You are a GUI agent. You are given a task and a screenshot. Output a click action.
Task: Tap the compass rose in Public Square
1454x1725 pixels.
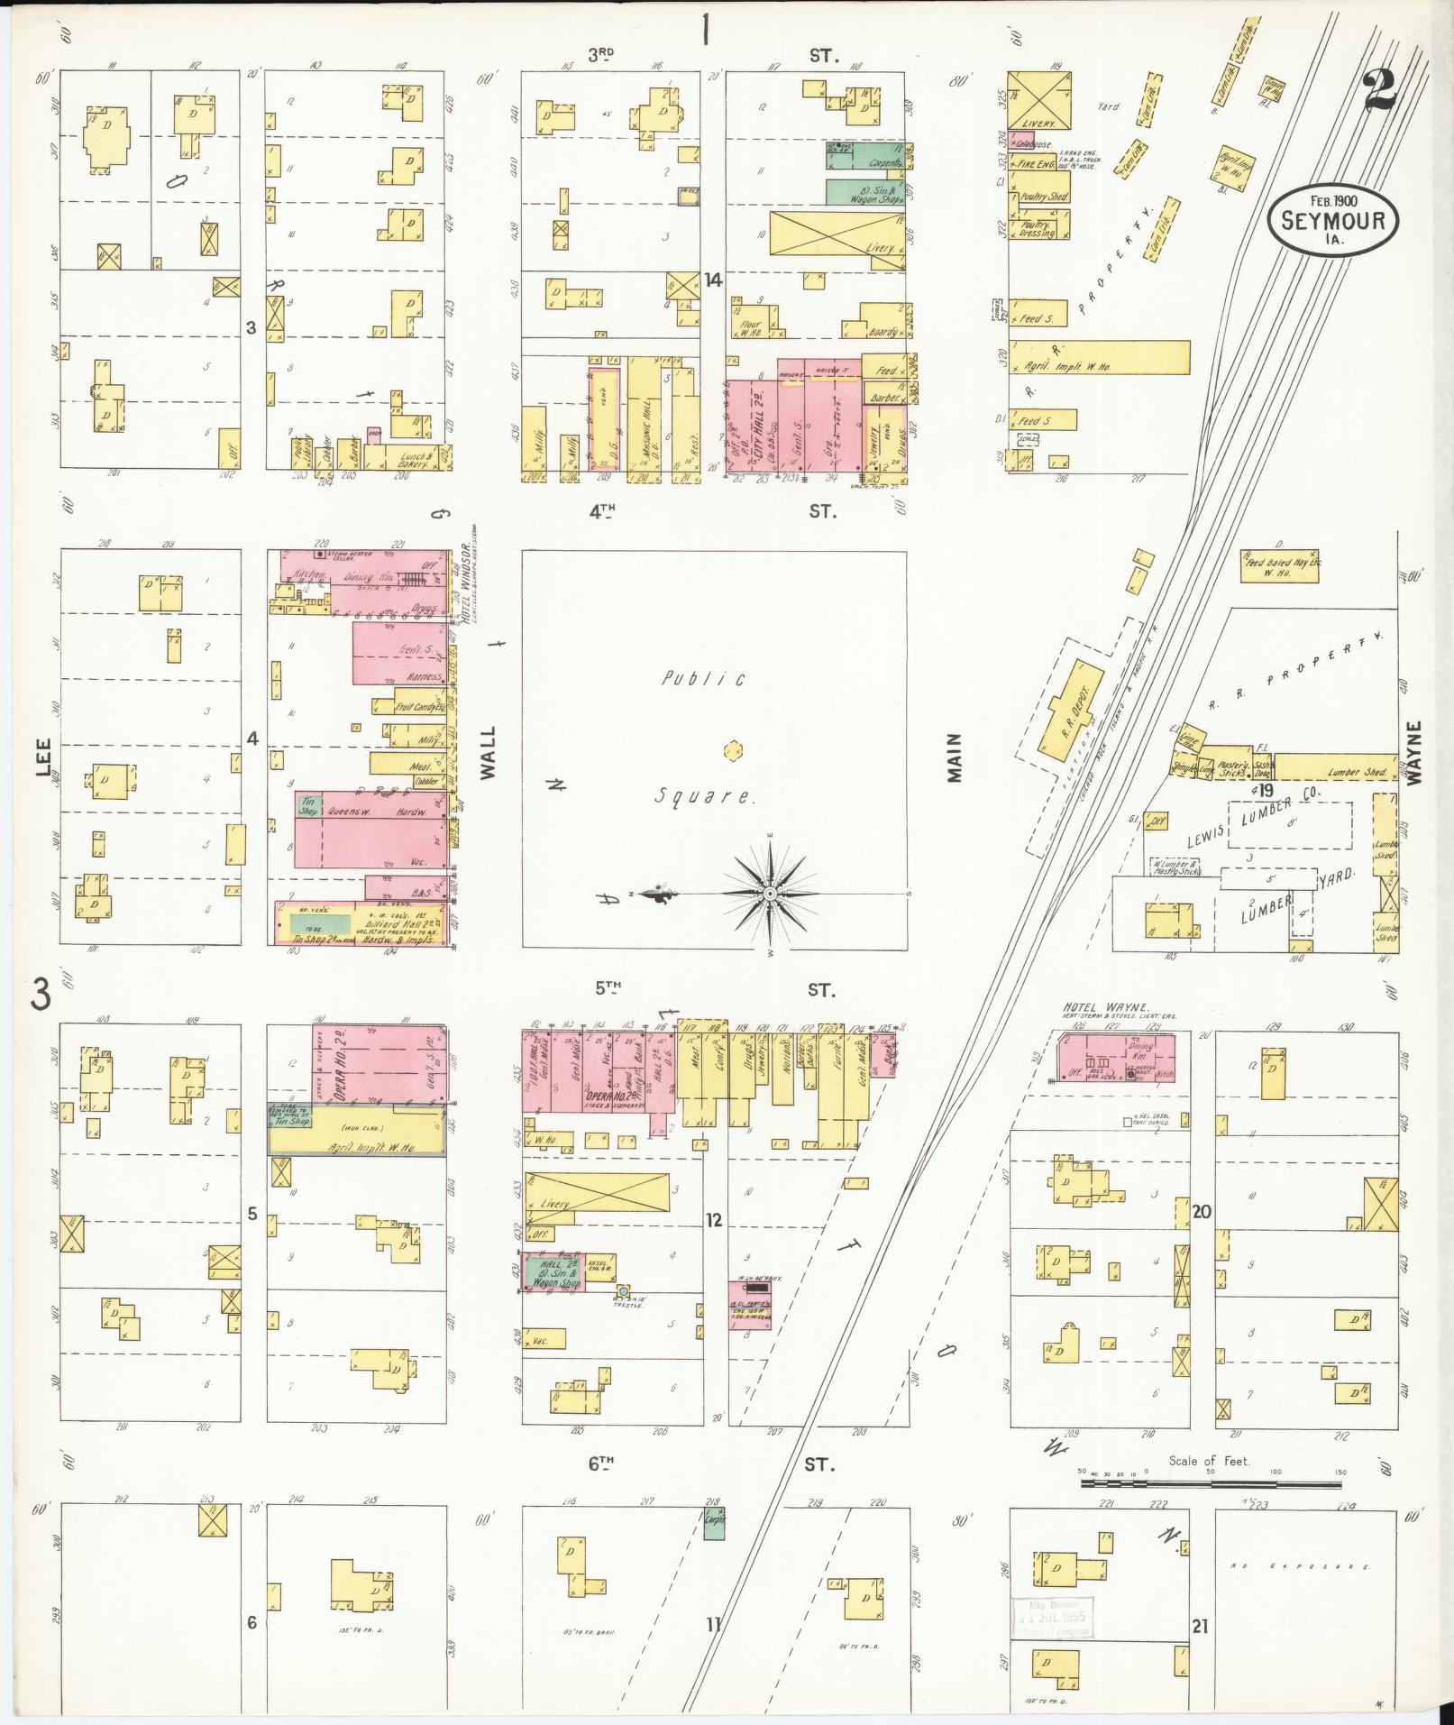click(x=770, y=893)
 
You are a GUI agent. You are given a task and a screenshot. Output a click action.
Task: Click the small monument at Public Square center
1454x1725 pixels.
click(x=733, y=749)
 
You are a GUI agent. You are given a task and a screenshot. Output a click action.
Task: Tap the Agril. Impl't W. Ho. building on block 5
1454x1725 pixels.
click(x=357, y=1140)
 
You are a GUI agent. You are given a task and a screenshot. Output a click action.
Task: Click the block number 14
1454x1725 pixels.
click(x=713, y=280)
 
